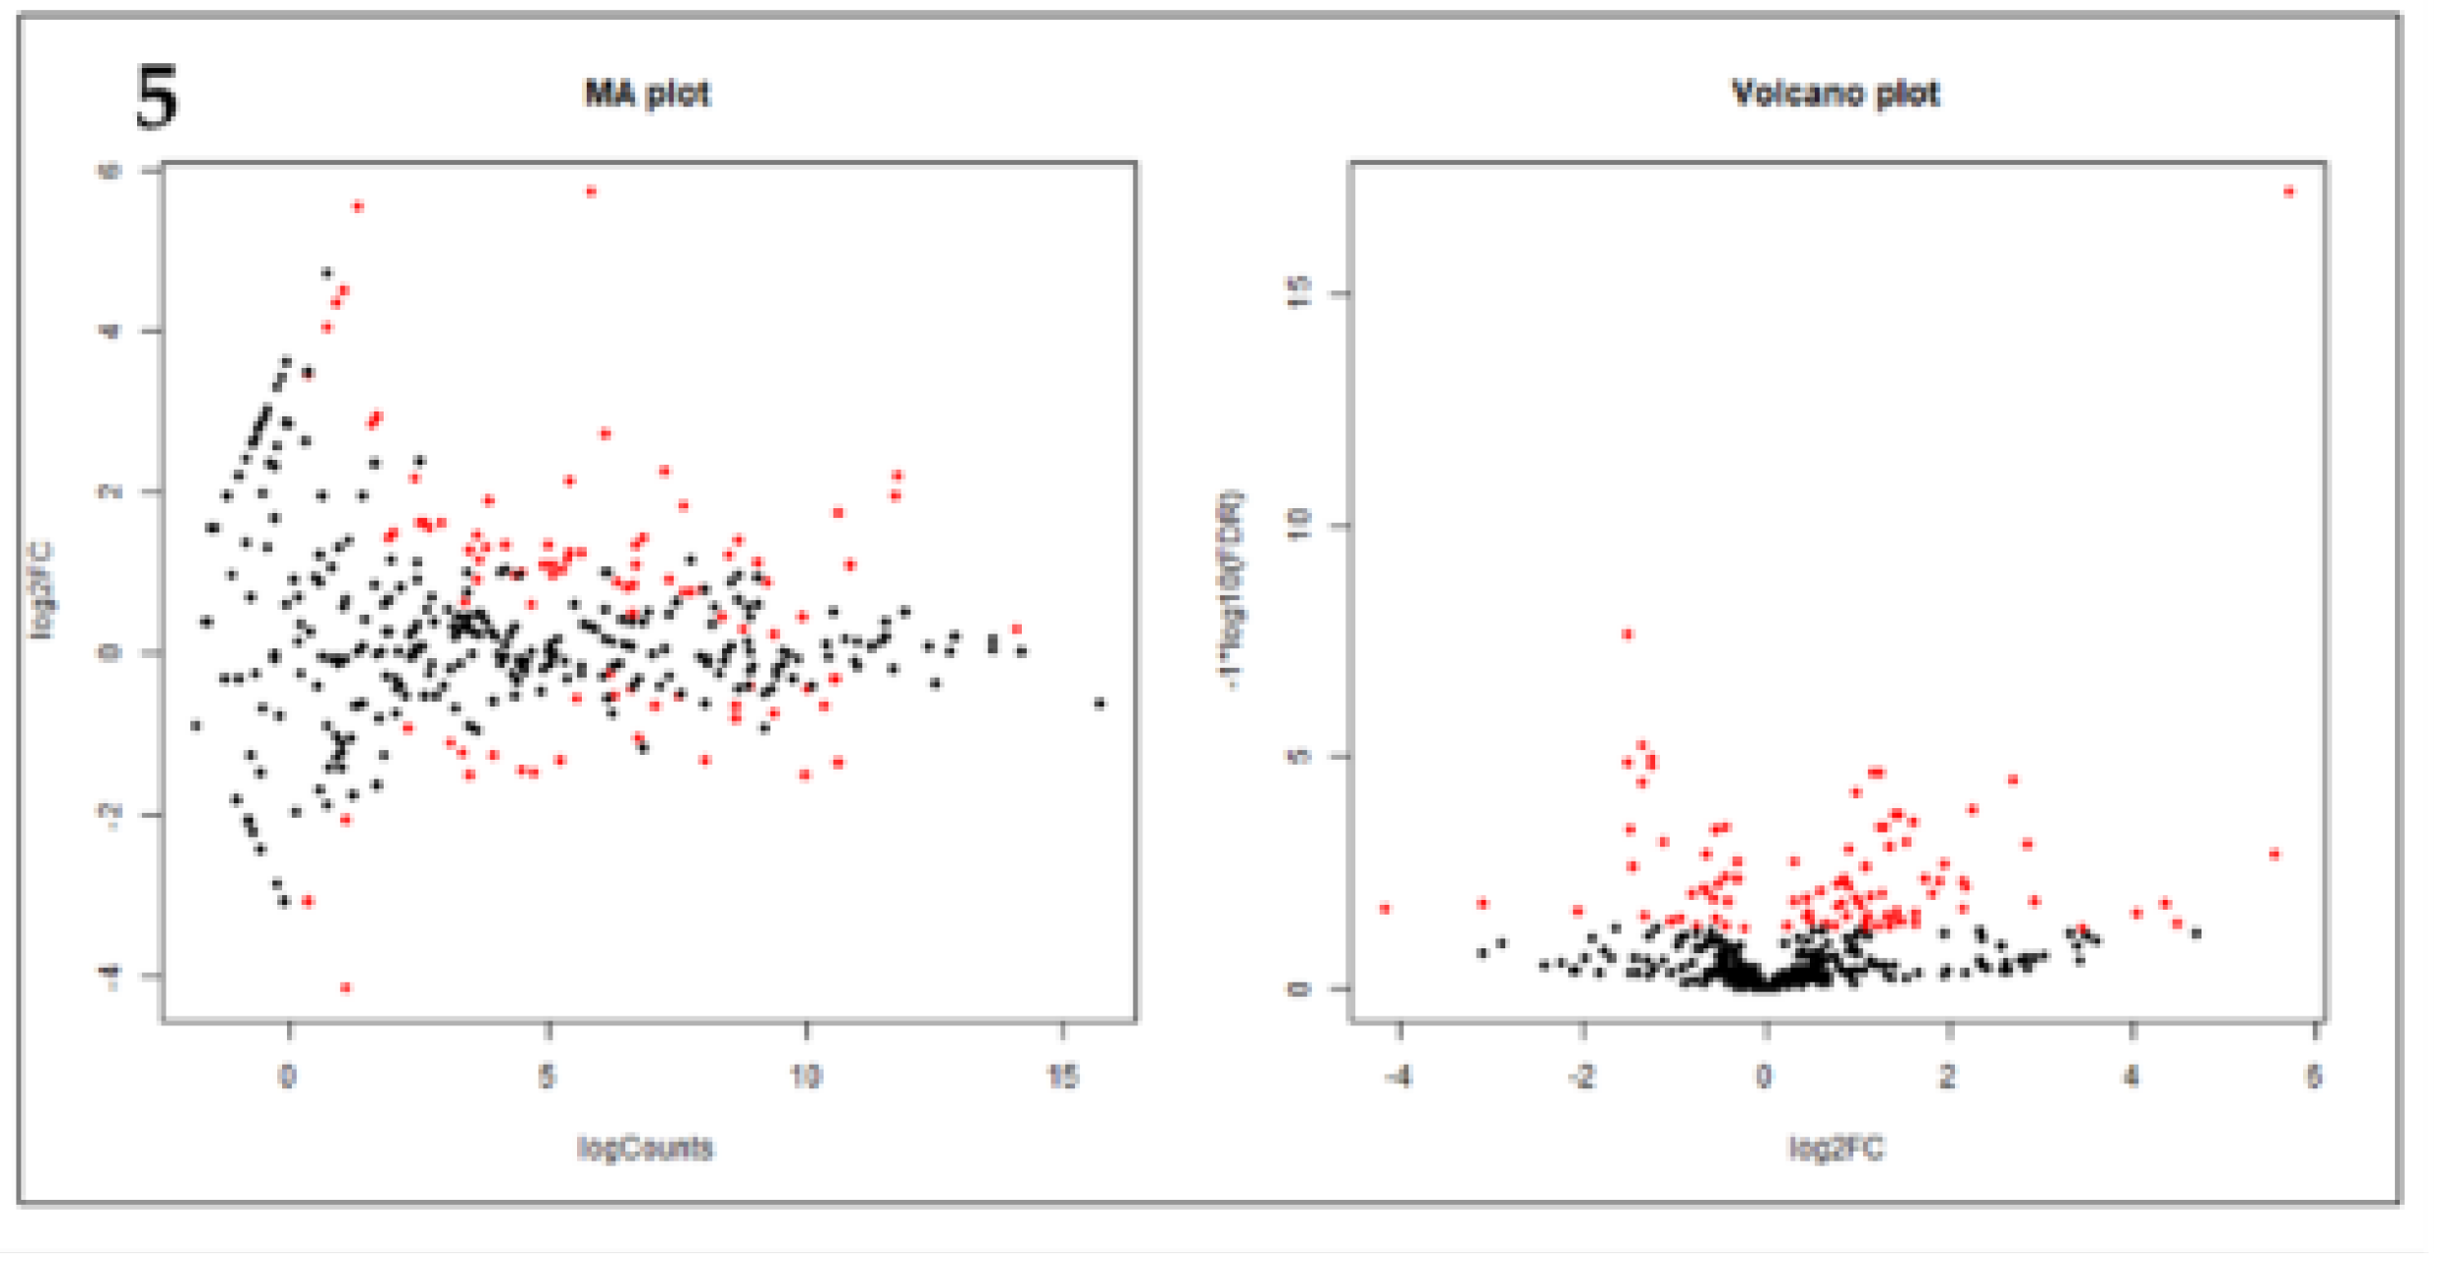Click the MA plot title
point(646,94)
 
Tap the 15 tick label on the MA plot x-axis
point(1062,1076)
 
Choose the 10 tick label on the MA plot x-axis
point(806,1076)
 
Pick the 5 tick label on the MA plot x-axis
point(547,1076)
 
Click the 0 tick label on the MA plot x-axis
point(287,1076)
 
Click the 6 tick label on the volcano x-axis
point(2314,1076)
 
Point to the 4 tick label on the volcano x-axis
point(2131,1076)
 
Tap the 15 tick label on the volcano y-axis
point(1301,292)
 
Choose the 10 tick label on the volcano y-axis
point(1301,524)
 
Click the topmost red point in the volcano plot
point(2289,191)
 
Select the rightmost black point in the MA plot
point(1101,704)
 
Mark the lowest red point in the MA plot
point(345,988)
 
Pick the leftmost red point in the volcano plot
point(1385,909)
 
